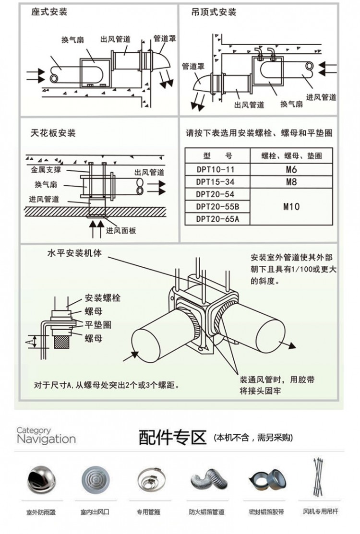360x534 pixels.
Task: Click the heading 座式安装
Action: [49, 11]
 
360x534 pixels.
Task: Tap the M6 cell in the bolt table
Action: [291, 170]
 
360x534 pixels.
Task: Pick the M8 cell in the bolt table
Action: [291, 182]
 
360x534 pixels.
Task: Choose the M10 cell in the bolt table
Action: [291, 207]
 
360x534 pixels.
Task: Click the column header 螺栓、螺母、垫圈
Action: [291, 156]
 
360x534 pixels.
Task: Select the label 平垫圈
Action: [98, 325]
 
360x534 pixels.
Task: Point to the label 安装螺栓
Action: [102, 298]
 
